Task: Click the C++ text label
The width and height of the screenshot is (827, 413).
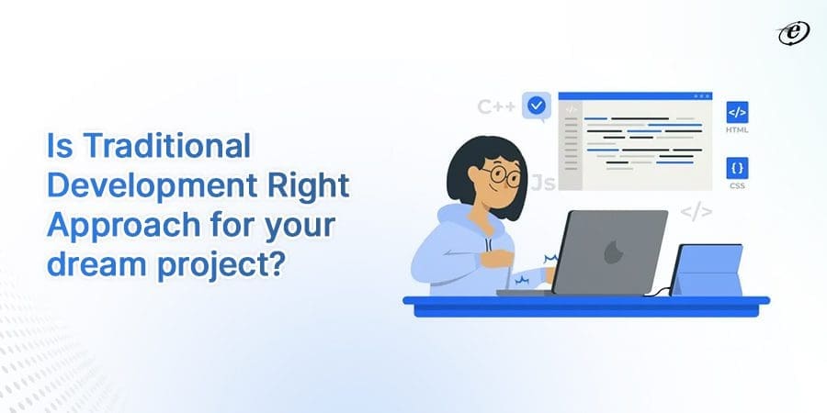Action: click(x=497, y=106)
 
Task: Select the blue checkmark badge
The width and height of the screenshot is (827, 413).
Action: click(x=536, y=106)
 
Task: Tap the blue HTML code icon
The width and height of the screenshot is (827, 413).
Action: click(x=737, y=112)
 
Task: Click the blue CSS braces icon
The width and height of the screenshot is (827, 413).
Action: click(x=737, y=168)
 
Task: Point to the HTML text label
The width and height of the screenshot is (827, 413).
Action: click(x=737, y=130)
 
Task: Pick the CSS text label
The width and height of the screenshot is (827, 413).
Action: click(x=737, y=186)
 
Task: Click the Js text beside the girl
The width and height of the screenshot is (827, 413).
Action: click(x=543, y=183)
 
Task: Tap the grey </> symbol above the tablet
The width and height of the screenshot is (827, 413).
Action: click(x=696, y=213)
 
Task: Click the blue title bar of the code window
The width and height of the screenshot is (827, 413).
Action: click(x=634, y=96)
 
